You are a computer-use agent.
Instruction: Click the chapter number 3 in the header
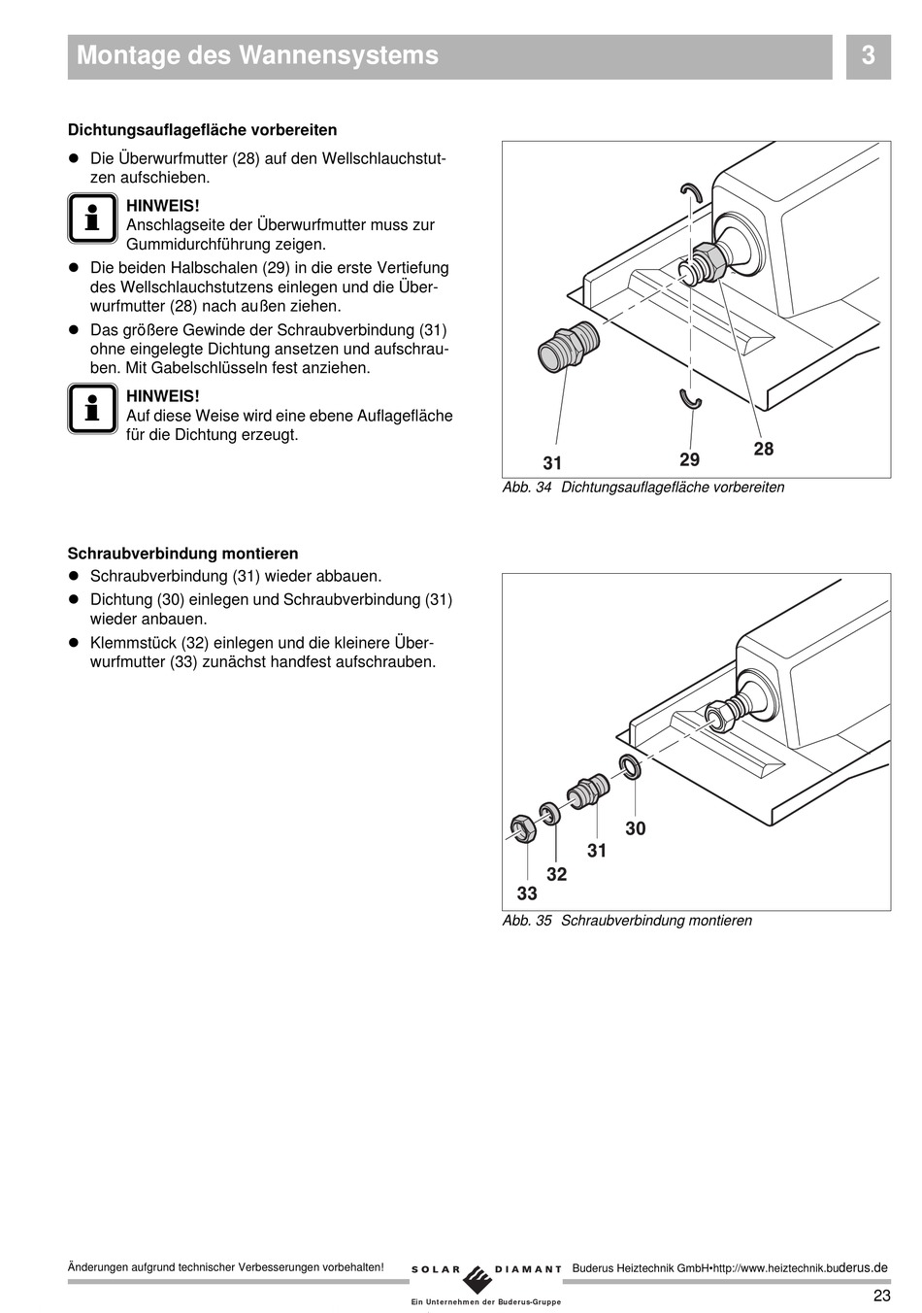click(868, 56)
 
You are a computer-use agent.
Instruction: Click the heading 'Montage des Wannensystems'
click(257, 56)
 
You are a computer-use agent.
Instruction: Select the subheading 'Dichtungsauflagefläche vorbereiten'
click(202, 129)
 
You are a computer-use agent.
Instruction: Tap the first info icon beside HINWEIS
click(92, 218)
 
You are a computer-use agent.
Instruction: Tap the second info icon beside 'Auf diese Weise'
click(92, 408)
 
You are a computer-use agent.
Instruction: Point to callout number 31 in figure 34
click(552, 463)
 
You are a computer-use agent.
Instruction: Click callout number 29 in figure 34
click(689, 459)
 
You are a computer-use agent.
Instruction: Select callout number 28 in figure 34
click(764, 449)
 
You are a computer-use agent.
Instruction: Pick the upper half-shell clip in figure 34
click(690, 190)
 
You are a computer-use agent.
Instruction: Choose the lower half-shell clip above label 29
click(690, 398)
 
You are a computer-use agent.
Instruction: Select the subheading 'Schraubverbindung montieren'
click(182, 554)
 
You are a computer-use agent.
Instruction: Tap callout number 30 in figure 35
click(636, 828)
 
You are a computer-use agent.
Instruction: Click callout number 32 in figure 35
click(556, 874)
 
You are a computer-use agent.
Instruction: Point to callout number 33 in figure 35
click(527, 893)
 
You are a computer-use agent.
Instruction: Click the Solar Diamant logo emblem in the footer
click(477, 1275)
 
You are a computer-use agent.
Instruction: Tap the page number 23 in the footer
click(881, 1296)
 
